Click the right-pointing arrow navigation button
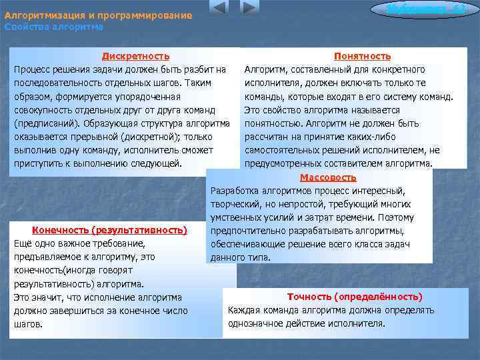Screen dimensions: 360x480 tap(249, 8)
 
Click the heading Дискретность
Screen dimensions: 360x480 tap(135, 56)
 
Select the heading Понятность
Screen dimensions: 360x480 tap(362, 56)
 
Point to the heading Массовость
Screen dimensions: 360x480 tap(328, 177)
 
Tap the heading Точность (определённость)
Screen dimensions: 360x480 tap(355, 297)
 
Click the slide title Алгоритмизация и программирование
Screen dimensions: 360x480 tap(98, 15)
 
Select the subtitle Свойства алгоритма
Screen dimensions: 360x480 tap(54, 27)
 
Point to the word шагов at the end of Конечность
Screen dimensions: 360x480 tap(28, 324)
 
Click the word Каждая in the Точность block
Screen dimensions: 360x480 tap(244, 310)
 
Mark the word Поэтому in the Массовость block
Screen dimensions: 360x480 tap(395, 217)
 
